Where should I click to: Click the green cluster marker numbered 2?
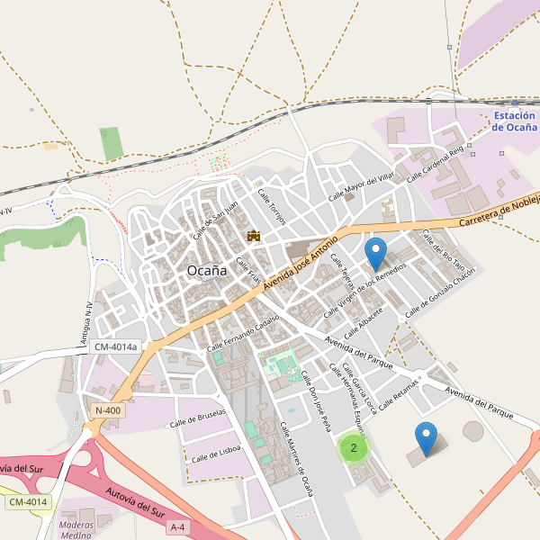tap(354, 447)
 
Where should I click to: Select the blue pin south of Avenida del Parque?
tap(427, 438)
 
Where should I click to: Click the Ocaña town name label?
tap(206, 270)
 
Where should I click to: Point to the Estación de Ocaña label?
tap(515, 121)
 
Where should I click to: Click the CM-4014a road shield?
tap(116, 346)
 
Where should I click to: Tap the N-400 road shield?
tap(107, 410)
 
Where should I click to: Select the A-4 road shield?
tap(179, 526)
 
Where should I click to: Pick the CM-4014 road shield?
tap(27, 501)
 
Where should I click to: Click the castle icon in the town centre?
tap(254, 236)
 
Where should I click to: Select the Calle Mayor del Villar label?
tap(362, 185)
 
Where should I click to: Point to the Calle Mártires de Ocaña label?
tap(295, 459)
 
